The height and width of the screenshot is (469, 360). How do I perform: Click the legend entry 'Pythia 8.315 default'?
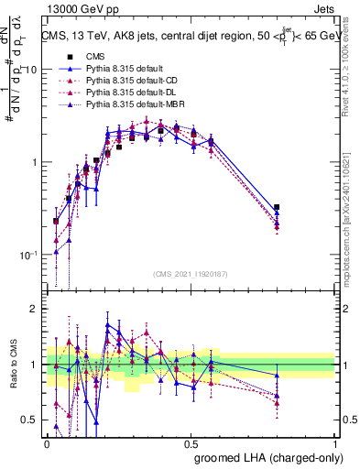click(121, 69)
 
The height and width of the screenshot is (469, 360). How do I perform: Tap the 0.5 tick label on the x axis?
click(191, 442)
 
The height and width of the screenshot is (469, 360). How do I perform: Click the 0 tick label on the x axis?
click(47, 442)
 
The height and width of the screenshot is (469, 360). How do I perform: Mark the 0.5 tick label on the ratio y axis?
click(31, 420)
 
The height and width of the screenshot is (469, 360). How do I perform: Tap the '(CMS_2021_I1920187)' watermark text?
click(191, 274)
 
